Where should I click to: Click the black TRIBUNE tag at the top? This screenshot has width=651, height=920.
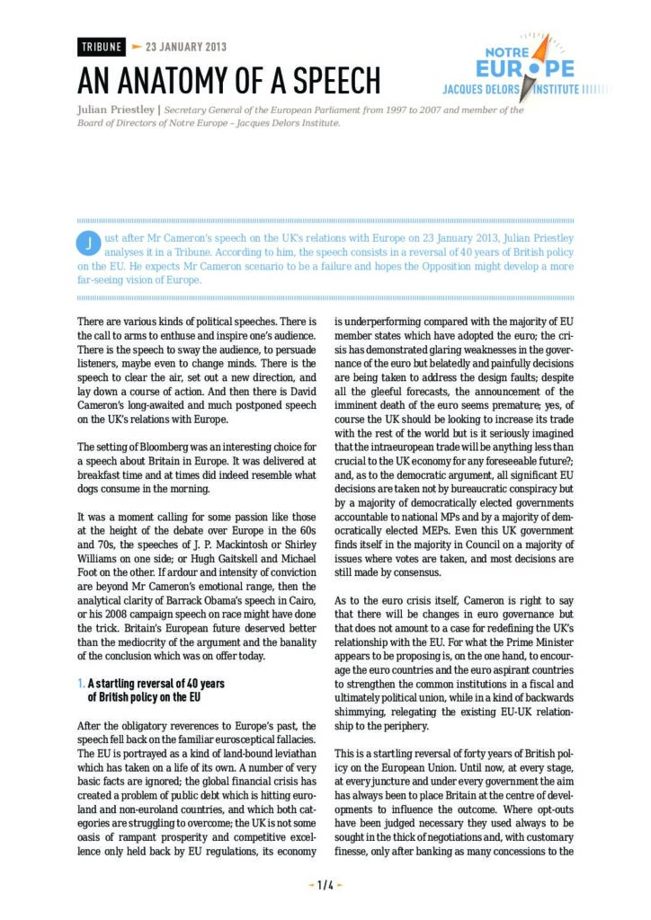pyautogui.click(x=100, y=47)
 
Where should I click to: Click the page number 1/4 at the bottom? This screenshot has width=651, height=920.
pyautogui.click(x=325, y=885)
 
